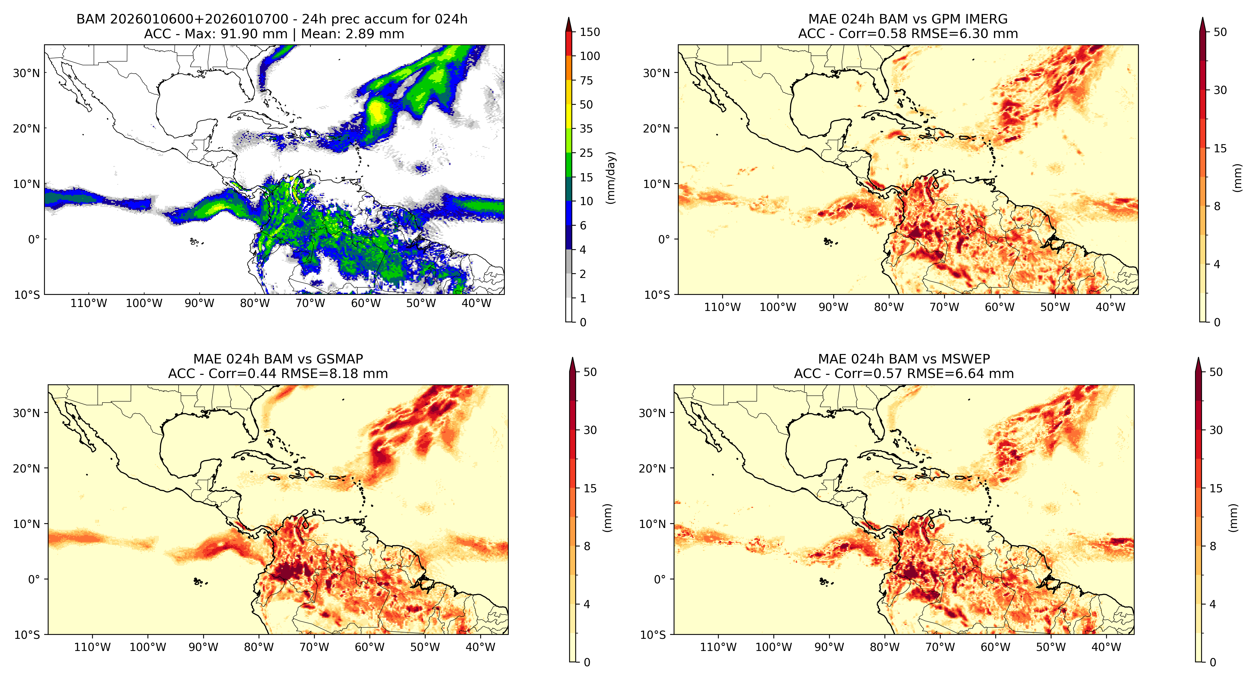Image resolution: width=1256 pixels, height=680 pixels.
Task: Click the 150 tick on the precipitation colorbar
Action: click(589, 32)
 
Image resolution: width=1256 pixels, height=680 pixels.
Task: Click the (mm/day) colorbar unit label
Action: click(610, 178)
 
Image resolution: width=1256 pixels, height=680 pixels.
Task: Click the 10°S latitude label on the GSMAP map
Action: click(27, 635)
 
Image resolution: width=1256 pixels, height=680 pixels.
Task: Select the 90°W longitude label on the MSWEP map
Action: click(829, 647)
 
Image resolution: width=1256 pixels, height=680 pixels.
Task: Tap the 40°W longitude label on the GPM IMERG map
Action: click(1111, 307)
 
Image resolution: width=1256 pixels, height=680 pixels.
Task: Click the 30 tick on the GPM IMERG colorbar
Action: click(1220, 90)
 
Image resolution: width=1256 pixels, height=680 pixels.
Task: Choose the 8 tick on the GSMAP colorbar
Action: click(587, 546)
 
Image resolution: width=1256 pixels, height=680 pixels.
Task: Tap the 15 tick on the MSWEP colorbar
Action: click(1216, 488)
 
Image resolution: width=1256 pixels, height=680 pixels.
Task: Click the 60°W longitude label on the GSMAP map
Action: click(370, 647)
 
